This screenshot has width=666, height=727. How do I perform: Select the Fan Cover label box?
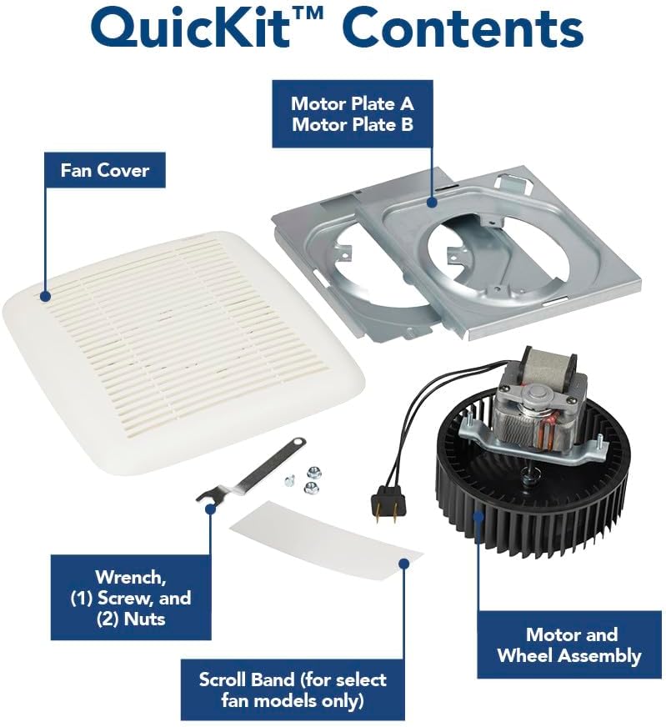tap(104, 171)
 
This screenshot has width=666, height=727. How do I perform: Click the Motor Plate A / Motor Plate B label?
tap(352, 115)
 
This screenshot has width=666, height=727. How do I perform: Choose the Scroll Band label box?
tap(292, 689)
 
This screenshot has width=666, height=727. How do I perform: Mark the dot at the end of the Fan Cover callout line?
tap(46, 294)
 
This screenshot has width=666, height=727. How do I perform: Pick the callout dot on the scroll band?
tap(403, 564)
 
